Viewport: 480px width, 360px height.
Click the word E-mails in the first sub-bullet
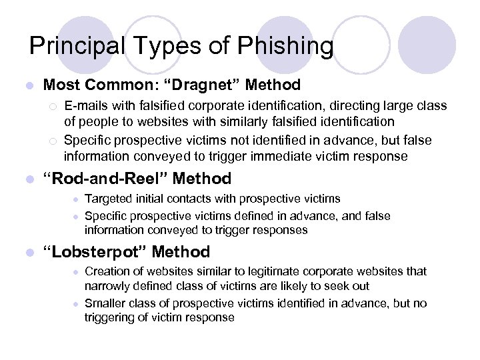click(x=84, y=106)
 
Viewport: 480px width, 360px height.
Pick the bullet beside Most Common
click(x=27, y=86)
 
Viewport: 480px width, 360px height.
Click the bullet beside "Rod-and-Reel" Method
click(x=27, y=179)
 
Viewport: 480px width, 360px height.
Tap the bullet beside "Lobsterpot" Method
click(x=27, y=253)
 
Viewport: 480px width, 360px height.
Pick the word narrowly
click(x=105, y=286)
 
